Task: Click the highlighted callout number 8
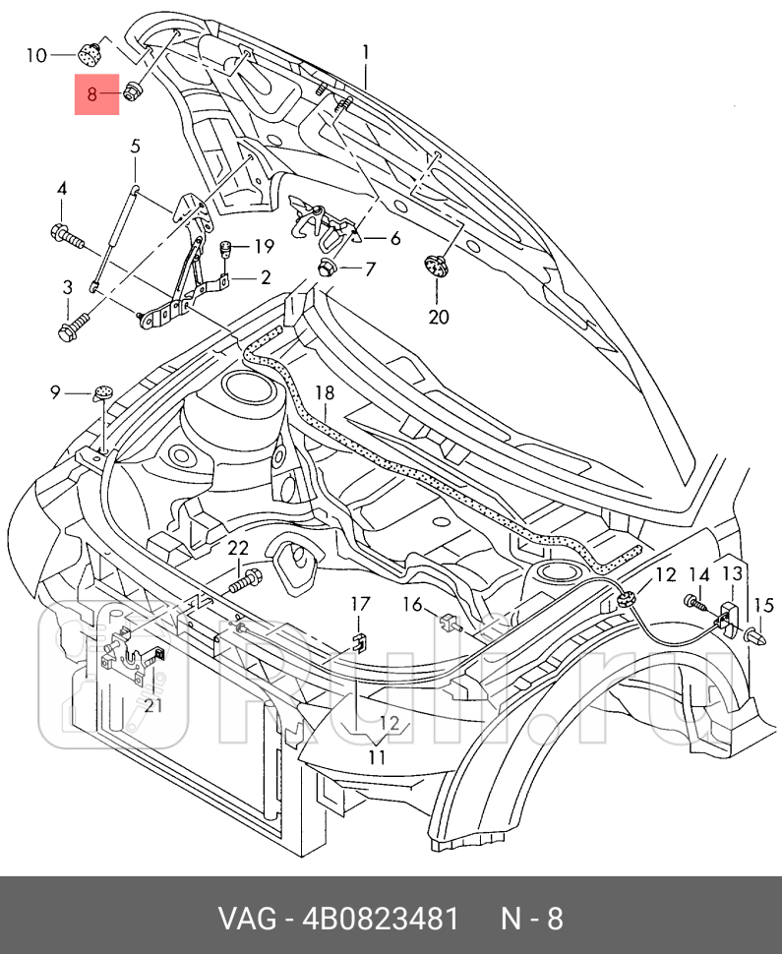(x=92, y=95)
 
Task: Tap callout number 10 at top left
(x=35, y=55)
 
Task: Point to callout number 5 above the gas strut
(x=136, y=147)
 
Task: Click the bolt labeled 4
(x=65, y=236)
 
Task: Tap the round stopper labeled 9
(x=103, y=392)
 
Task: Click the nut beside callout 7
(x=326, y=267)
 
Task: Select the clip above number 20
(x=435, y=266)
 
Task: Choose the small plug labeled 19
(x=224, y=247)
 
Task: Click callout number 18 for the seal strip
(x=325, y=393)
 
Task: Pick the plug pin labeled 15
(x=758, y=636)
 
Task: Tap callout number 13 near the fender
(x=733, y=574)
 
